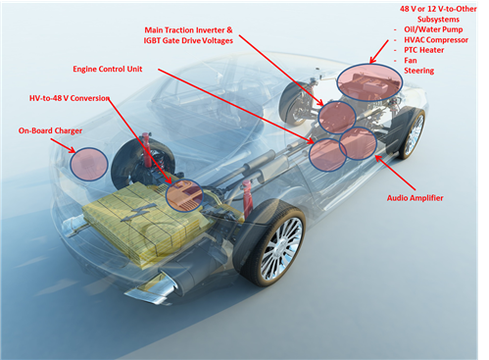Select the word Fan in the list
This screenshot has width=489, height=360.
(x=410, y=70)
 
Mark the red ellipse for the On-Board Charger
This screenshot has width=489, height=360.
(x=86, y=163)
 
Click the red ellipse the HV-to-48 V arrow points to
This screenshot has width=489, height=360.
(x=183, y=195)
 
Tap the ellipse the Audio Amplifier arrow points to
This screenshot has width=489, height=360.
(x=358, y=143)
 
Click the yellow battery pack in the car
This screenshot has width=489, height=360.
(x=147, y=222)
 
